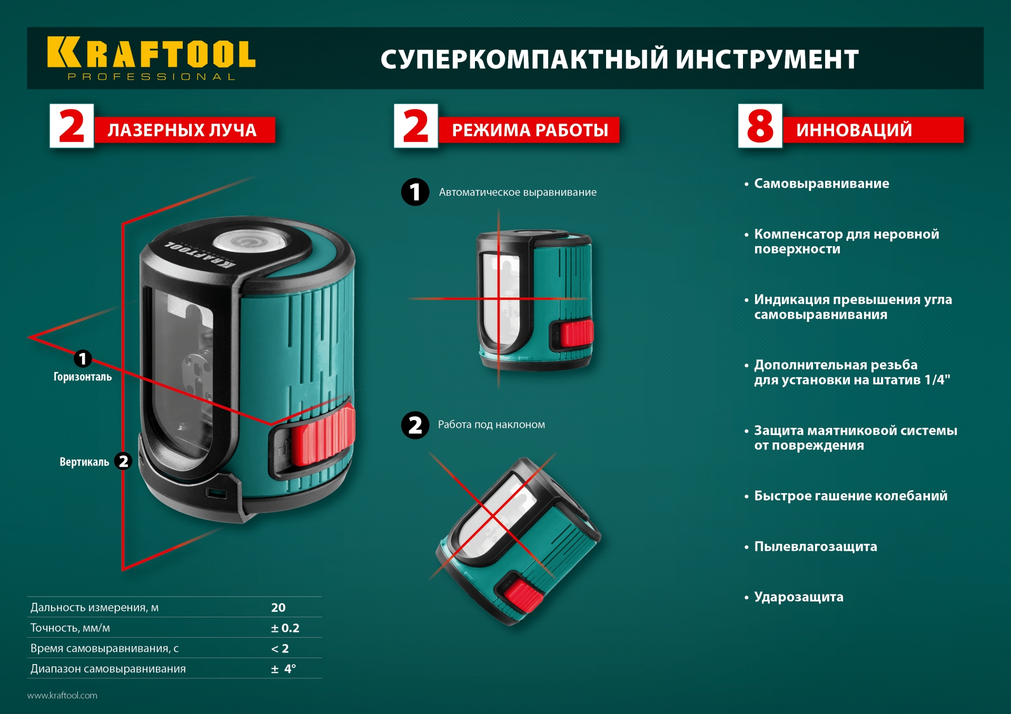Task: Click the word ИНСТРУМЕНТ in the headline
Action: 767,59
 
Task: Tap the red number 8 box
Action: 760,126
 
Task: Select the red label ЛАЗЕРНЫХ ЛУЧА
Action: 182,130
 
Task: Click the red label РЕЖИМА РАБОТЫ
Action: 530,130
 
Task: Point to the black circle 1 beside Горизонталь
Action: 83,359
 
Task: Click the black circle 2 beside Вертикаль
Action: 123,461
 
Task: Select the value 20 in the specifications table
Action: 278,608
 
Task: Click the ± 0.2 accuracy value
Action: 285,628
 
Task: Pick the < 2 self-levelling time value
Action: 280,649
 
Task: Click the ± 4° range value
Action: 283,669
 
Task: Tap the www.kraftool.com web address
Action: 62,696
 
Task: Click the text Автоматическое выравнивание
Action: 518,193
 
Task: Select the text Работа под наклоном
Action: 491,425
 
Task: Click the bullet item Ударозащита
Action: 798,597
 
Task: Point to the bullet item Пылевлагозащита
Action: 815,547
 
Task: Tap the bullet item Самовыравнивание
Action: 821,184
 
